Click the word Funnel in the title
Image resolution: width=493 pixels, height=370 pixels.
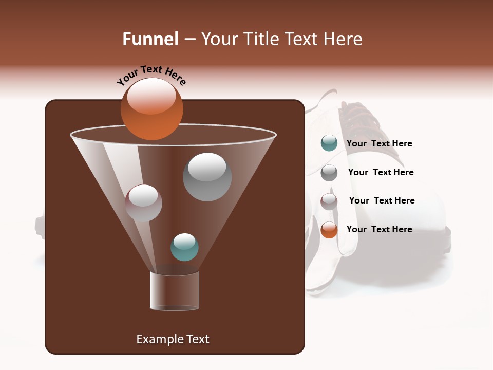[x=150, y=39]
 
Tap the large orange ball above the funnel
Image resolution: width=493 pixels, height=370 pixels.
[x=151, y=109]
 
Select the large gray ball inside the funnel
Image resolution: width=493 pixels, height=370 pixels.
[x=207, y=177]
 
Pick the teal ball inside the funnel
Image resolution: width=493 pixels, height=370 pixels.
[x=184, y=247]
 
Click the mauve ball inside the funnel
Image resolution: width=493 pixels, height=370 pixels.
[x=143, y=203]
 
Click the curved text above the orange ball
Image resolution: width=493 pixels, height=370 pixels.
[x=151, y=75]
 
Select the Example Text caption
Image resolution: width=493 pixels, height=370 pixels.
[x=173, y=339]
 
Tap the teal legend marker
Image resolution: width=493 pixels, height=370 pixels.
[x=329, y=143]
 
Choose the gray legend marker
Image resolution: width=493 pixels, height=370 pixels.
[x=329, y=172]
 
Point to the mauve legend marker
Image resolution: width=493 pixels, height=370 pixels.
[x=329, y=201]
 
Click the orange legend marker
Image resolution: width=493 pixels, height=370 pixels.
[x=329, y=230]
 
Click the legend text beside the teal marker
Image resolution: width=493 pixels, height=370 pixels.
[x=379, y=144]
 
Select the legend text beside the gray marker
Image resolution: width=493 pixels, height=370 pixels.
[x=381, y=172]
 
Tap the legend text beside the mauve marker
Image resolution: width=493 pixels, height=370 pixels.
[x=382, y=200]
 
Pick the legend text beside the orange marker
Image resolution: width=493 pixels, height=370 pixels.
[x=379, y=229]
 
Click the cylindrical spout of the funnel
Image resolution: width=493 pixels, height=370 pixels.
[x=174, y=291]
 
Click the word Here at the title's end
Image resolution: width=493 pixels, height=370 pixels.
[x=344, y=39]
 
